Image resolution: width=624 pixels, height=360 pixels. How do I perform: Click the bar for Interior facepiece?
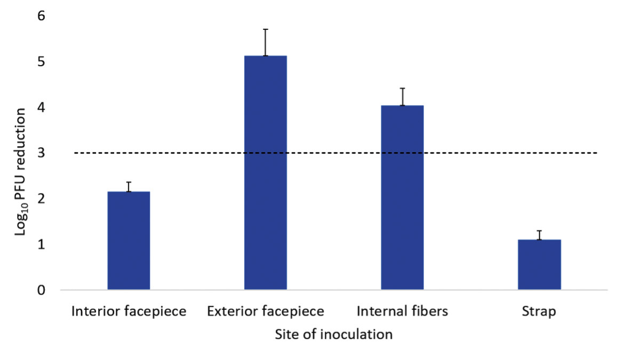tap(129, 241)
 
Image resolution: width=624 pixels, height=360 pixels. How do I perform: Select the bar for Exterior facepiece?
tap(266, 173)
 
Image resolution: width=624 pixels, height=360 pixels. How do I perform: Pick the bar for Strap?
tap(539, 265)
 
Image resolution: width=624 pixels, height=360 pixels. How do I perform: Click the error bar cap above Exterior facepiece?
tap(266, 29)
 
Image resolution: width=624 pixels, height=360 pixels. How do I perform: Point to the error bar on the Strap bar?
tap(539, 235)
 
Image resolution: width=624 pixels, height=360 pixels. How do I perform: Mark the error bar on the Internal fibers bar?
tap(402, 97)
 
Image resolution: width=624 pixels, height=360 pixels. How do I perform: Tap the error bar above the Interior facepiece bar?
tap(129, 187)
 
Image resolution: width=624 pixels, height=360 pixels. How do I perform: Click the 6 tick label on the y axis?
tap(41, 17)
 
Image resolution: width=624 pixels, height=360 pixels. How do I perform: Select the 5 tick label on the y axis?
tap(41, 62)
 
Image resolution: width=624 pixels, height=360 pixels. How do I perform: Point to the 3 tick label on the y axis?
tap(41, 154)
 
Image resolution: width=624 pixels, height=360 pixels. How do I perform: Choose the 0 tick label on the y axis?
tap(41, 291)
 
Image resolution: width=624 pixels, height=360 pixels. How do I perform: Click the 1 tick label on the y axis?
tap(41, 245)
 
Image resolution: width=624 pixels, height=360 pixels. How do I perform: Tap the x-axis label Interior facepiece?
tap(129, 311)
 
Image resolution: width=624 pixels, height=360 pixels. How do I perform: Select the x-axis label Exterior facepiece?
tap(266, 311)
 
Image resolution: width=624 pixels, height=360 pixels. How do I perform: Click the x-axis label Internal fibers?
tap(402, 311)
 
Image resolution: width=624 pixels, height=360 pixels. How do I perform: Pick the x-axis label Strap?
tap(539, 311)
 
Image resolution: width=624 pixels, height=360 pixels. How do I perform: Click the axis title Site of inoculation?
tap(334, 335)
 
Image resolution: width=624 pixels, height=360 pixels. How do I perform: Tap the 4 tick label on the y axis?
tap(41, 108)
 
